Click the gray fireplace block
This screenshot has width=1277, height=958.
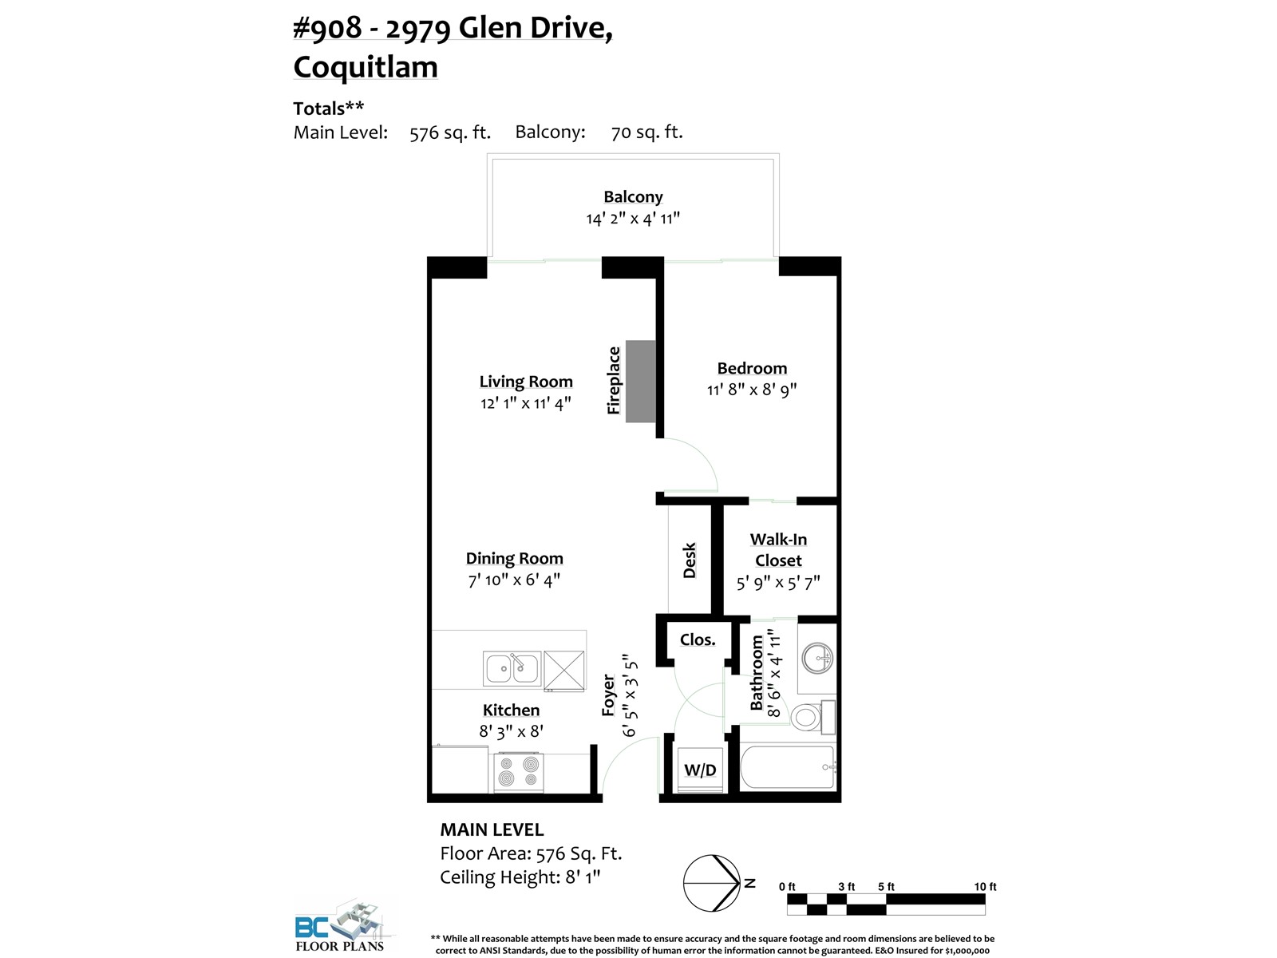pyautogui.click(x=641, y=381)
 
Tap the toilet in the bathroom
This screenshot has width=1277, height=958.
pyautogui.click(x=812, y=717)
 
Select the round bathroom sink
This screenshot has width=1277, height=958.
pyautogui.click(x=816, y=659)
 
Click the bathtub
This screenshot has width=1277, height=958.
pyautogui.click(x=788, y=767)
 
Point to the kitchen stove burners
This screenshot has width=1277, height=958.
pyautogui.click(x=519, y=772)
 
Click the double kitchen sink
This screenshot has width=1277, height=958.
pyautogui.click(x=512, y=668)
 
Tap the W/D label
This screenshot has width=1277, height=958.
pyautogui.click(x=700, y=770)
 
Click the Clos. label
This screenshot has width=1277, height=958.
pyautogui.click(x=698, y=639)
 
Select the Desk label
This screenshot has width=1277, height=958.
pyautogui.click(x=689, y=560)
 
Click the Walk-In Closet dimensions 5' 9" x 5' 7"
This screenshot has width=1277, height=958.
pyautogui.click(x=778, y=582)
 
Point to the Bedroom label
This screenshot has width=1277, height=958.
pyautogui.click(x=752, y=368)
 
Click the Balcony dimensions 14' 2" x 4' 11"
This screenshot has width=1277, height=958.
pyautogui.click(x=633, y=219)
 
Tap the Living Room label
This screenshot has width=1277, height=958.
pyautogui.click(x=526, y=382)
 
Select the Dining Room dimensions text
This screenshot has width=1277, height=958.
pyautogui.click(x=514, y=580)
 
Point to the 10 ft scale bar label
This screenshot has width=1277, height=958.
pyautogui.click(x=985, y=886)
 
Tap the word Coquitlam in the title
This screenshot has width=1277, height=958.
pyautogui.click(x=366, y=66)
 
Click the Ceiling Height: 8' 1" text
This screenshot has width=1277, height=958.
pyautogui.click(x=520, y=877)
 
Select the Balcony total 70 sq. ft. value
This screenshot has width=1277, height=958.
pyautogui.click(x=647, y=133)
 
